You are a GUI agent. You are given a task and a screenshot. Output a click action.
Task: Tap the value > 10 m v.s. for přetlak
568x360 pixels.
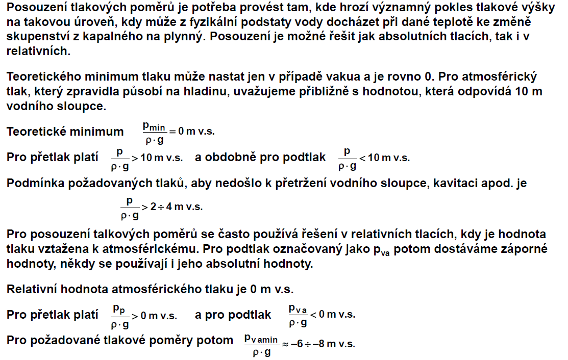pyautogui.click(x=157, y=158)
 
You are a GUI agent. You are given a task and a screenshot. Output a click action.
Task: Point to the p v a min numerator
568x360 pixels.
pyautogui.click(x=261, y=338)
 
